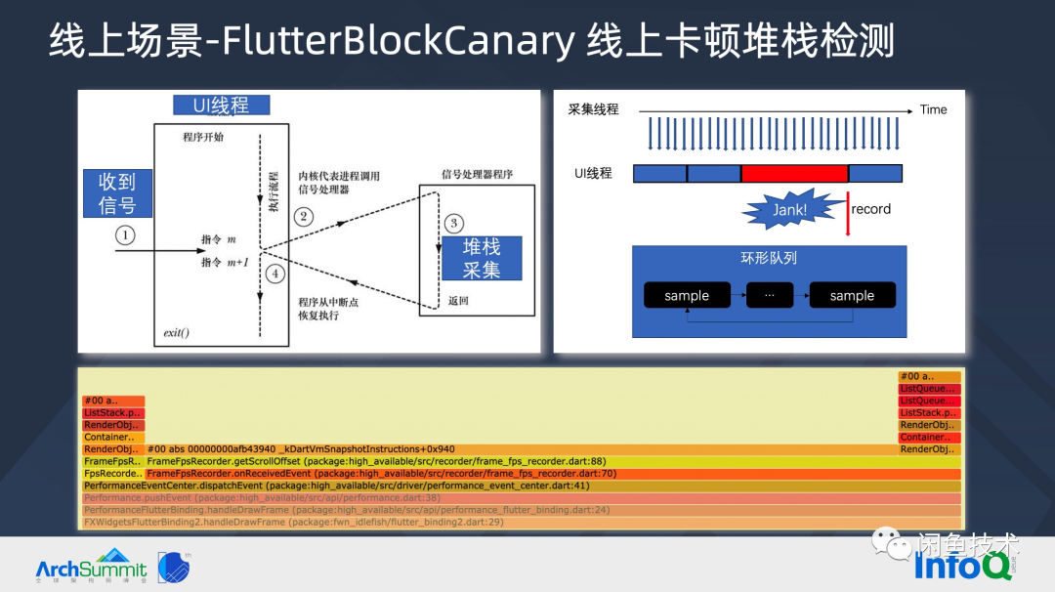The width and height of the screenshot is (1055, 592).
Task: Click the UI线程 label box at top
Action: (221, 106)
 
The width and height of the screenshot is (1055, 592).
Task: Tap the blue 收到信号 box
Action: (117, 192)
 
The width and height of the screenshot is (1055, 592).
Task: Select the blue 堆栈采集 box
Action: (482, 259)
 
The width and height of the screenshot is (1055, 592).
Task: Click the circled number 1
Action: (125, 235)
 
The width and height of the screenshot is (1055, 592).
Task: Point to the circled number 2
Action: (304, 217)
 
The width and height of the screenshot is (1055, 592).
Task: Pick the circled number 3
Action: (452, 224)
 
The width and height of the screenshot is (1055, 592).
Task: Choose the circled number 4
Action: (275, 274)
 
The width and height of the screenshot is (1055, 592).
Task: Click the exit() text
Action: (176, 333)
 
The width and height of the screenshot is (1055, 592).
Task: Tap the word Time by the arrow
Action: (933, 109)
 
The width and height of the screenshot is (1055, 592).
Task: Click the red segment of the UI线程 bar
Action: (794, 174)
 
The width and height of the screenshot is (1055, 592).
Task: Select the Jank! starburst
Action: (790, 209)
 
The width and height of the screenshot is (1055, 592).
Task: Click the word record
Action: (870, 209)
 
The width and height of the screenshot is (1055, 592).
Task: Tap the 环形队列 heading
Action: (769, 259)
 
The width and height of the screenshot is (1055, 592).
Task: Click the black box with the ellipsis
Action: (769, 296)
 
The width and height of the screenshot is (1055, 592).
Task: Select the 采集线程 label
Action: (593, 109)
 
